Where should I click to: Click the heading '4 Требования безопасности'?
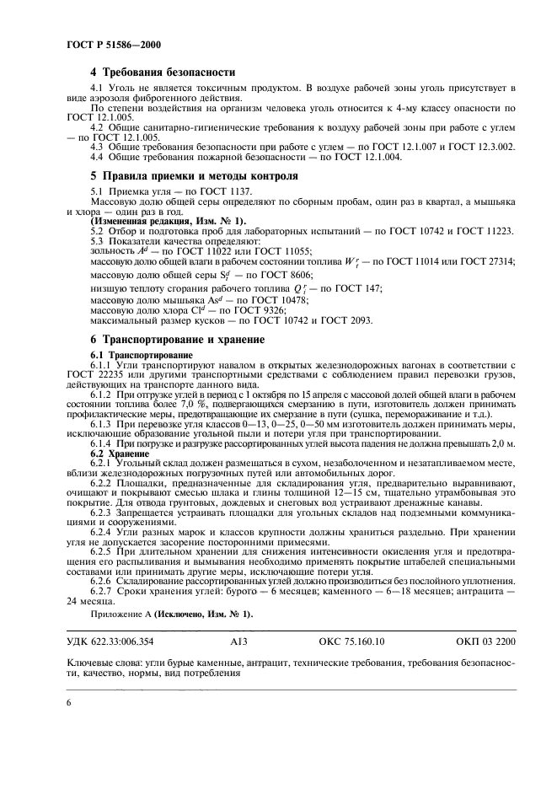[x=163, y=72]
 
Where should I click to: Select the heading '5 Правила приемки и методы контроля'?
[x=194, y=176]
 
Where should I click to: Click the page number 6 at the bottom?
[x=69, y=702]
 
